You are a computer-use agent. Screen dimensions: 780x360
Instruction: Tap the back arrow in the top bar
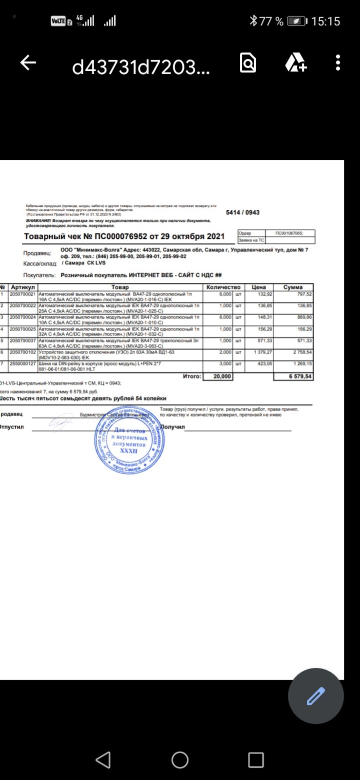point(28,62)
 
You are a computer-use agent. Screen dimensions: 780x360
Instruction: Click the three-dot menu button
point(338,63)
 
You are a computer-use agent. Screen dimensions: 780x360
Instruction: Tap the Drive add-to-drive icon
point(295,63)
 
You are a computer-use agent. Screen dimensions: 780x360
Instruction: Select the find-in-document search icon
point(248,63)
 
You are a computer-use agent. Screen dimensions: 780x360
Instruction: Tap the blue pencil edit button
point(316,696)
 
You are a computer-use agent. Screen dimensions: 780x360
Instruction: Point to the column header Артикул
point(23,287)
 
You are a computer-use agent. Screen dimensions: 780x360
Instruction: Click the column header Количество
point(223,287)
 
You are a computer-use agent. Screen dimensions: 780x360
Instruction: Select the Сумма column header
point(293,287)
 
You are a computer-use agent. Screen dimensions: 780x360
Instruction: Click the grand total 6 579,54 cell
point(294,377)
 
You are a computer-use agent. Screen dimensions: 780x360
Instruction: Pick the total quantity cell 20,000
point(218,377)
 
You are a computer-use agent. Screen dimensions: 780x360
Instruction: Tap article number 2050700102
point(23,352)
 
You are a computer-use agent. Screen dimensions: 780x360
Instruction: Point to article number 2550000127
point(23,364)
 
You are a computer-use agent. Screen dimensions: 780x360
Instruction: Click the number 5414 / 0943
point(242,213)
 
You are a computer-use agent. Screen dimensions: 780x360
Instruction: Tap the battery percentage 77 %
point(271,21)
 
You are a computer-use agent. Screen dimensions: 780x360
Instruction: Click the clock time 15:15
point(325,21)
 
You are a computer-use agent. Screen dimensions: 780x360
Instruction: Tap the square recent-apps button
point(256,760)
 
